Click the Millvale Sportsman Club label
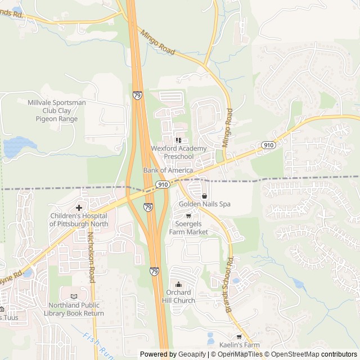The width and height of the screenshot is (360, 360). [56, 110]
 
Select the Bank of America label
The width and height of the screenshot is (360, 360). [168, 170]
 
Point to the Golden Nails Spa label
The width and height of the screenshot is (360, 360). [205, 204]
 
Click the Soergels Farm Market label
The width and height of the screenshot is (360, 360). [188, 228]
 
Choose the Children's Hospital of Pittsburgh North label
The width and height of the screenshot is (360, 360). [79, 219]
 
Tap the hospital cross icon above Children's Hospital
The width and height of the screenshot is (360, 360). [79, 208]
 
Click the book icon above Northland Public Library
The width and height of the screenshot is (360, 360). [74, 296]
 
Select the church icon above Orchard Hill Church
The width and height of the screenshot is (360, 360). [179, 284]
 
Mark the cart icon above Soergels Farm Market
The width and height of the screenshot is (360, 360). [188, 215]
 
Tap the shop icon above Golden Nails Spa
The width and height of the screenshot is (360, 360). [204, 195]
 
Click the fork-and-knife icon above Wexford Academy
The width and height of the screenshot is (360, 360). [178, 140]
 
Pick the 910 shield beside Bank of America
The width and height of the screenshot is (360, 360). [163, 184]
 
